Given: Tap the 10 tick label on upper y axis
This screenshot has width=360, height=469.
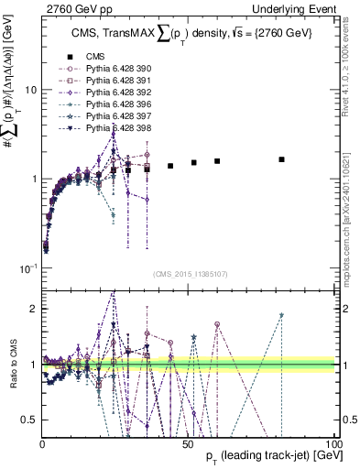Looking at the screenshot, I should (29, 90).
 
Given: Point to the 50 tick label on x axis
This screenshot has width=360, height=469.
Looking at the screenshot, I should (187, 442).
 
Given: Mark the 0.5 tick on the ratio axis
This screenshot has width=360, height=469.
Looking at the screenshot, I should (29, 420).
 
